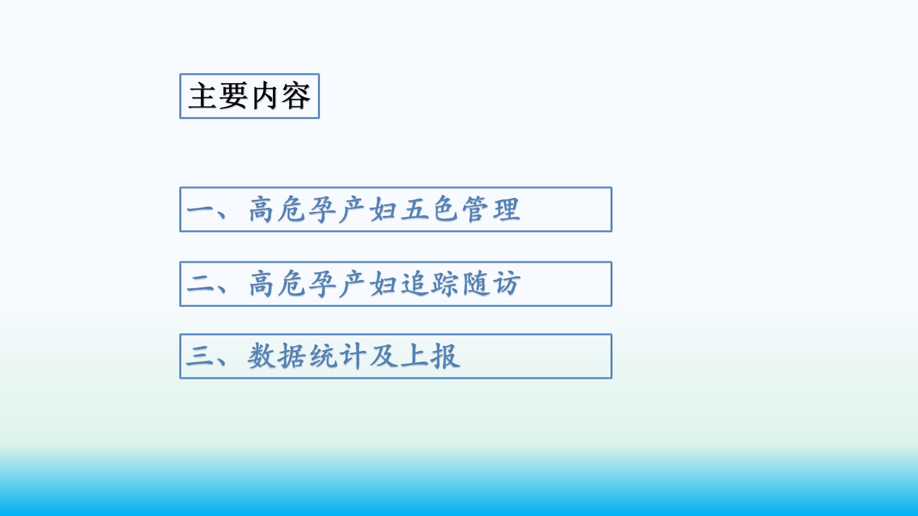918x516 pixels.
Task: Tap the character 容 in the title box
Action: [x=296, y=96]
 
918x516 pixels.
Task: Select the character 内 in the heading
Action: [x=265, y=96]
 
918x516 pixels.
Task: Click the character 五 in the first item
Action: [x=415, y=210]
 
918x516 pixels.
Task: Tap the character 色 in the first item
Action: [x=445, y=209]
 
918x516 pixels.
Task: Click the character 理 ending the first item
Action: [x=506, y=209]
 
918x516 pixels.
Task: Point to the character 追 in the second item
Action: [x=415, y=284]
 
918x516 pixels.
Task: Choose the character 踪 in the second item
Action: [x=445, y=284]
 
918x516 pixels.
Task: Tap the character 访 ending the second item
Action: [x=506, y=284]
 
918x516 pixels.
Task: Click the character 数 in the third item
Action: [x=262, y=356]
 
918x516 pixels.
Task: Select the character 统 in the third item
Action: [x=323, y=356]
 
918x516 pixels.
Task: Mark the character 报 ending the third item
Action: [x=445, y=356]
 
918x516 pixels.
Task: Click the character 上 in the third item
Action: [x=415, y=356]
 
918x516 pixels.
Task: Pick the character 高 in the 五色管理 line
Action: [x=262, y=209]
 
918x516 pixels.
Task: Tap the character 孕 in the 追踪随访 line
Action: [x=323, y=284]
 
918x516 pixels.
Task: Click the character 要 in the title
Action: [x=234, y=96]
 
